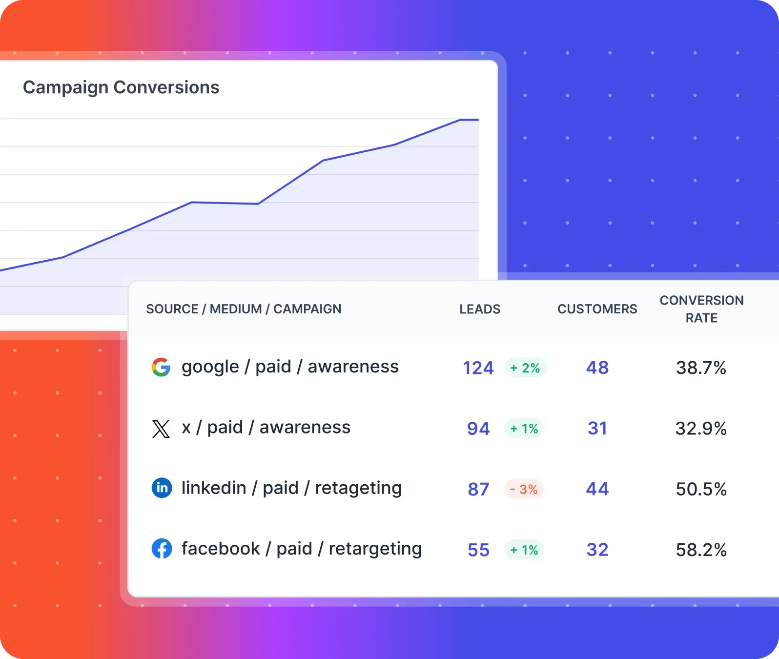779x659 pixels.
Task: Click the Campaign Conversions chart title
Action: pos(121,87)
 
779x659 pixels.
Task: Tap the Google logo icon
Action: pos(161,367)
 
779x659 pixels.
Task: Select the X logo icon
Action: pos(161,429)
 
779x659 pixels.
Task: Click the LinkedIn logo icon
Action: pos(162,488)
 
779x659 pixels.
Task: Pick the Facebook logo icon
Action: pos(162,549)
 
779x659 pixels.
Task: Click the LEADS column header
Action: pos(480,309)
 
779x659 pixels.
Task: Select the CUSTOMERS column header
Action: pos(597,309)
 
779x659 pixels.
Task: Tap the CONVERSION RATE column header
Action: pos(701,309)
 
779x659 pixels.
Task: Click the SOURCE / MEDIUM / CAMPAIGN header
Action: pos(244,309)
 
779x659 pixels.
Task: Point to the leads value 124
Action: pos(478,368)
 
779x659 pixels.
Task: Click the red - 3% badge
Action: pos(524,489)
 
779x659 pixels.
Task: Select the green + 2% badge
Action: pos(525,368)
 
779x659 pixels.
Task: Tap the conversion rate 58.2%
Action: pos(701,550)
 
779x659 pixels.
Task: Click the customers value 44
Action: pos(597,489)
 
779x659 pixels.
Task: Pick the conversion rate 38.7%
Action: pos(701,368)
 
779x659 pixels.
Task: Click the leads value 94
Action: pos(478,429)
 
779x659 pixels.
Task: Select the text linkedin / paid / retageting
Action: pos(291,488)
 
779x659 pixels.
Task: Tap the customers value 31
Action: pos(597,428)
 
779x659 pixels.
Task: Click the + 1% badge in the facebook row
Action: pos(524,550)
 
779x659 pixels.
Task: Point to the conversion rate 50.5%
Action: pos(701,489)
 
